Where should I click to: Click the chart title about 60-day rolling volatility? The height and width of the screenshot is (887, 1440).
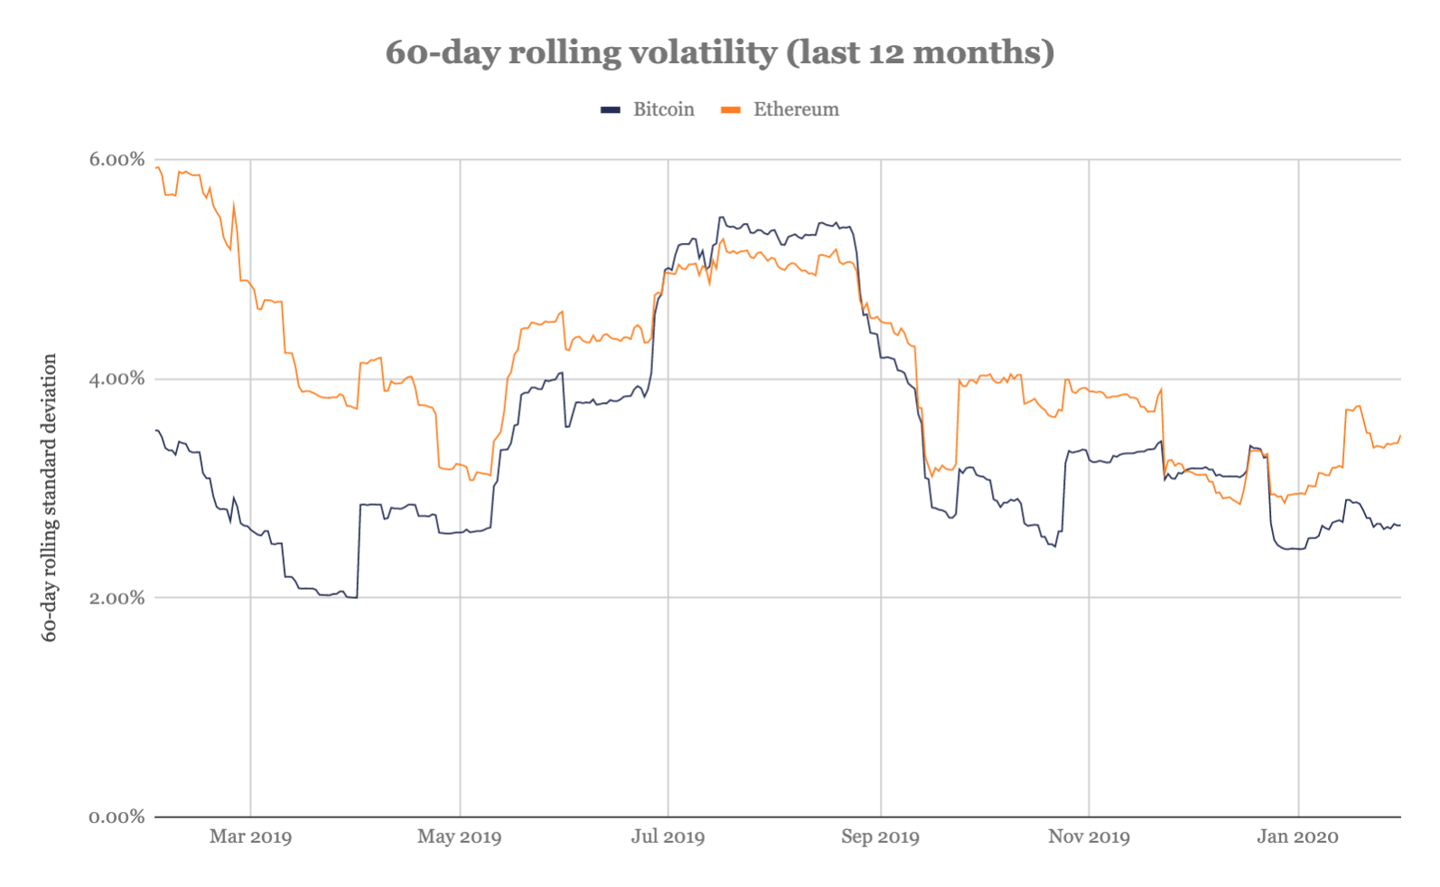(719, 52)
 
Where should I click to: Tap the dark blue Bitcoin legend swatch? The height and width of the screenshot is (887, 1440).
(611, 110)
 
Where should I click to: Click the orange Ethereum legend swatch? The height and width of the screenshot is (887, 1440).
(731, 110)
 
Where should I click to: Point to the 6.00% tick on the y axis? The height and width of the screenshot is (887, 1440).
(117, 160)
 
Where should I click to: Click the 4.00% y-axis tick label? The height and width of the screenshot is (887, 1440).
(117, 378)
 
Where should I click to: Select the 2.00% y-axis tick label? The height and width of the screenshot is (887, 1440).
(117, 598)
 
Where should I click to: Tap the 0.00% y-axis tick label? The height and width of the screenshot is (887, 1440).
(117, 817)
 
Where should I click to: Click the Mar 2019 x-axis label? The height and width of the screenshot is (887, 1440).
(250, 836)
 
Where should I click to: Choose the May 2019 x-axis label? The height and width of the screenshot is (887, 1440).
(459, 836)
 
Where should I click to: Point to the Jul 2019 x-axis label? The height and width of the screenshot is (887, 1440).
(668, 836)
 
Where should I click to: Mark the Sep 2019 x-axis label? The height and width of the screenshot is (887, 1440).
(880, 836)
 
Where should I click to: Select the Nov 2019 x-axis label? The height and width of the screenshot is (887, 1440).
(1089, 836)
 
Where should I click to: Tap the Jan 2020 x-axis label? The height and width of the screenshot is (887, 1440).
(1297, 836)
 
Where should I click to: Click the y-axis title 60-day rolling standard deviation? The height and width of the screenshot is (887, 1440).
(50, 498)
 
